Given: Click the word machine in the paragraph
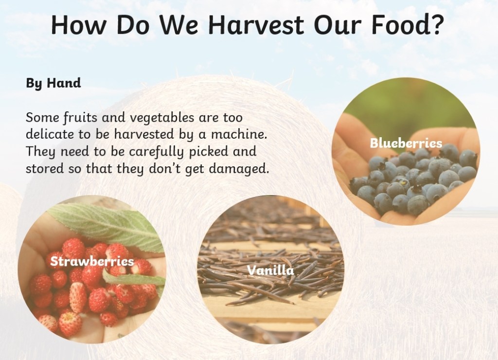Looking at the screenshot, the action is [238, 134].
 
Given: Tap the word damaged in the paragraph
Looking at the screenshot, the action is [239, 169].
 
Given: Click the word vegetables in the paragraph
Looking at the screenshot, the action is [162, 118].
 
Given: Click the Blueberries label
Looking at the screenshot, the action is [406, 143].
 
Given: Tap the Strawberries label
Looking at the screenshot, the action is [92, 261].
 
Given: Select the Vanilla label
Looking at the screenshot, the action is [270, 270].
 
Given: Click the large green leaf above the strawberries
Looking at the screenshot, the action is [108, 226].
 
